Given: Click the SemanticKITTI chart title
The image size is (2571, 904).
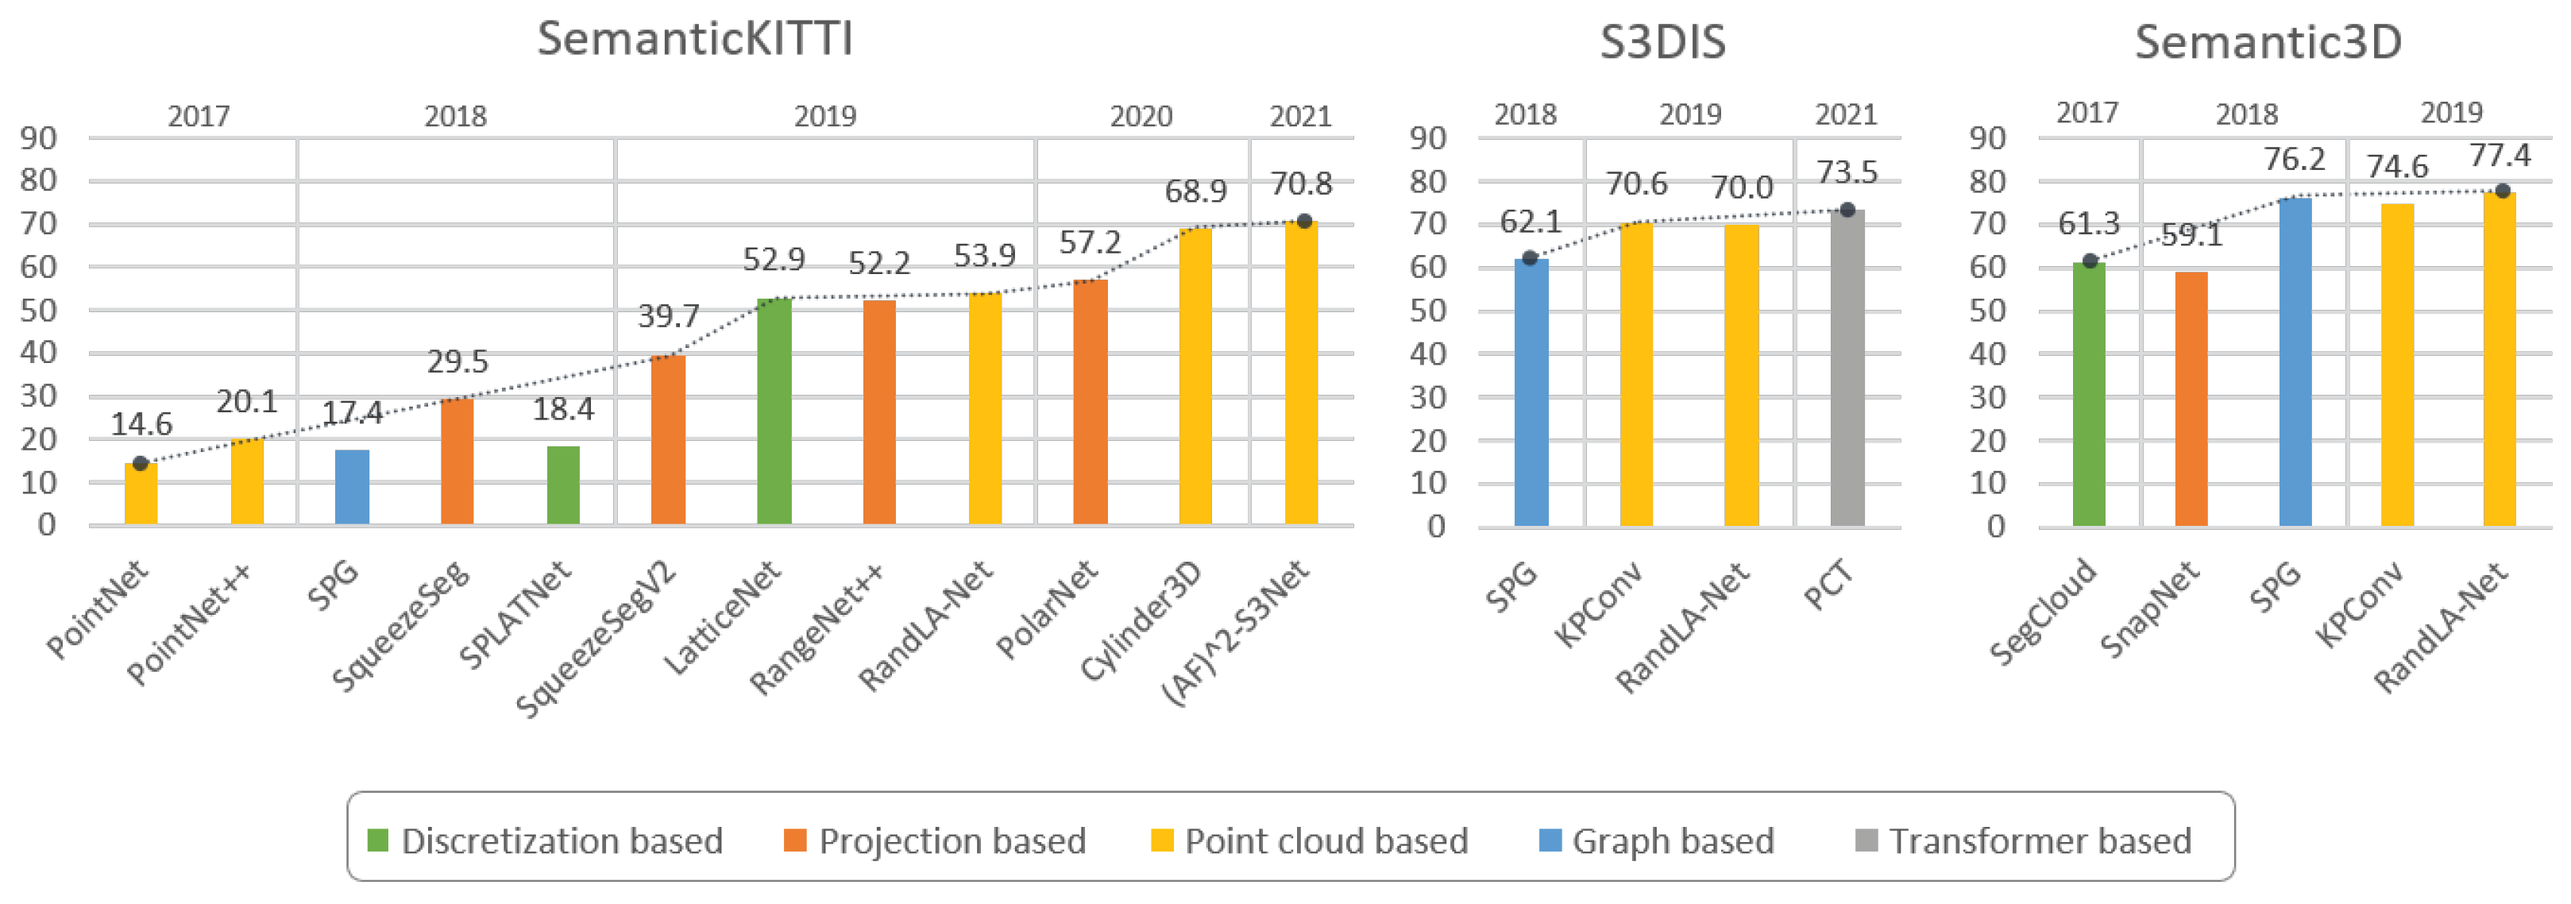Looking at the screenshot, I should click(x=695, y=39).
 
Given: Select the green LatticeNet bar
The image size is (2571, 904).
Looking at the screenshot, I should click(x=774, y=411).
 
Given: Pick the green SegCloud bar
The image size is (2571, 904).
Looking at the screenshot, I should click(x=2088, y=393).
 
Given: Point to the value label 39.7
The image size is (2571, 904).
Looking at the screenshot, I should click(x=668, y=316).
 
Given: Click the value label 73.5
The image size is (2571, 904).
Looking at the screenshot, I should click(x=1847, y=172).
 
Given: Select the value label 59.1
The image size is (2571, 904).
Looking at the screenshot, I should click(x=2191, y=235).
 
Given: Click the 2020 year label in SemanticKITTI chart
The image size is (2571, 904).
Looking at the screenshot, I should click(x=1141, y=117).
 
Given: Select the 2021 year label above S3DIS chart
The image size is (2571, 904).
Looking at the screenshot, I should click(x=1845, y=114).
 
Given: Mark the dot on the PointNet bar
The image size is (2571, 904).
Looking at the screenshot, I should click(x=141, y=463).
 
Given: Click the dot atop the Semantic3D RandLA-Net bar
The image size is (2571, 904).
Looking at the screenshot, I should click(x=2502, y=191).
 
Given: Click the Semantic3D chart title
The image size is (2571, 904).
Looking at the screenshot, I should click(x=2268, y=42).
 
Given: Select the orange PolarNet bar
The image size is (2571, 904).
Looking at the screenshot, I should click(x=1090, y=401).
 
